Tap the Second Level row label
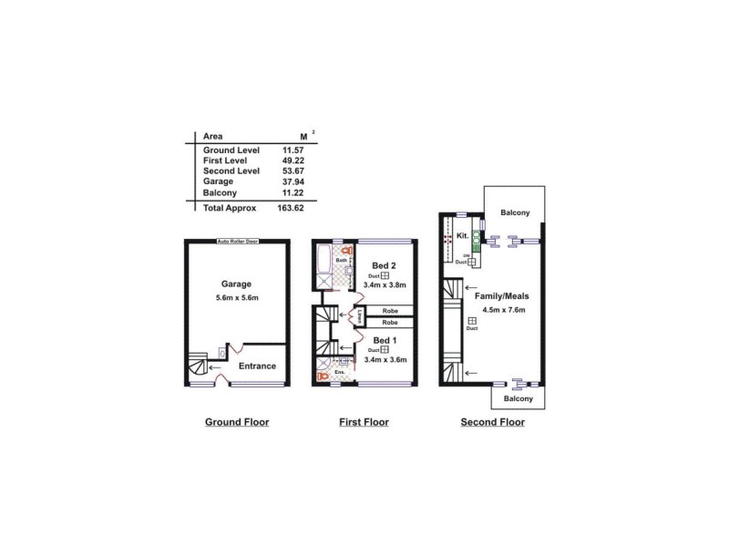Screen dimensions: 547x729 pyautogui.click(x=231, y=170)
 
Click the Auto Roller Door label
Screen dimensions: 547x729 pyautogui.click(x=237, y=242)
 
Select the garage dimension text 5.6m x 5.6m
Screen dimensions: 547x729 pyautogui.click(x=236, y=299)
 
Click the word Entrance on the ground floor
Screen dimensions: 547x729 pyautogui.click(x=257, y=366)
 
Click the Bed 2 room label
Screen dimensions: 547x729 pyautogui.click(x=385, y=265)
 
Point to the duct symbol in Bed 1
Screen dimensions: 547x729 pyautogui.click(x=385, y=350)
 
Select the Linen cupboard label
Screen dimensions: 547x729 pyautogui.click(x=360, y=317)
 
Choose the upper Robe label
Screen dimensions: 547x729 pyautogui.click(x=389, y=311)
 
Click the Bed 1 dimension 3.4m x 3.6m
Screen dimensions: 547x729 pyautogui.click(x=384, y=360)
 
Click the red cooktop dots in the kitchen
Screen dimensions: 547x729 pyautogui.click(x=447, y=238)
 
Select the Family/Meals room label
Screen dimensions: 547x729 pyautogui.click(x=501, y=296)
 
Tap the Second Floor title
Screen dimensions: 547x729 pyautogui.click(x=492, y=422)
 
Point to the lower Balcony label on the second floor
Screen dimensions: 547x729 pyautogui.click(x=519, y=398)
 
